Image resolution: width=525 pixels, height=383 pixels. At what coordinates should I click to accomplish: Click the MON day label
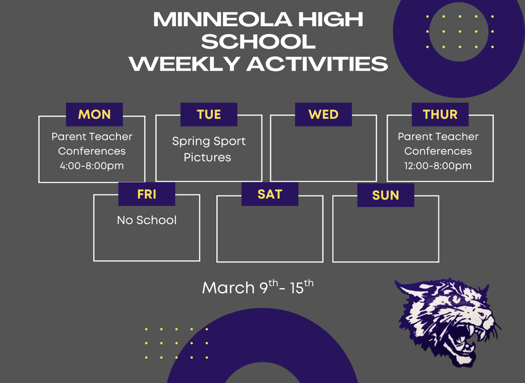point(94,114)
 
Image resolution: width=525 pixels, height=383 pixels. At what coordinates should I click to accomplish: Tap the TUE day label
point(209,114)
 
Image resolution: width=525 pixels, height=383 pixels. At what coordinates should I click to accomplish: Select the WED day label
point(323,114)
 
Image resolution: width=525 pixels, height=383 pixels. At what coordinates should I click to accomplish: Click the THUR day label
point(440,114)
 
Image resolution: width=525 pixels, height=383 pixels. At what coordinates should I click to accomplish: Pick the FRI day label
point(147,194)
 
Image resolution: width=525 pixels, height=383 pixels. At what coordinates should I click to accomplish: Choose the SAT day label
point(270,194)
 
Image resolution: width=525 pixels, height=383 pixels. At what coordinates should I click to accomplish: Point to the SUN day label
point(386,195)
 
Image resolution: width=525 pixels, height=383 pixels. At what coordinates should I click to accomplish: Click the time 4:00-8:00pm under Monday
point(92,166)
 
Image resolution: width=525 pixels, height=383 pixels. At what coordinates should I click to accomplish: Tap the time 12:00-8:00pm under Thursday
point(438,166)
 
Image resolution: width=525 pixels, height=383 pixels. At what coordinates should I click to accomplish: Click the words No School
point(147,220)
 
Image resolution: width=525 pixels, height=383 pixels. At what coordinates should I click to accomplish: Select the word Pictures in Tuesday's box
point(208,157)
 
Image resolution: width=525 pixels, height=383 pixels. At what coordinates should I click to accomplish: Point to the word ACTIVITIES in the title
point(317,64)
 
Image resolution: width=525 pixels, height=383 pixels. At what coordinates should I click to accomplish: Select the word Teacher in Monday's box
point(110,137)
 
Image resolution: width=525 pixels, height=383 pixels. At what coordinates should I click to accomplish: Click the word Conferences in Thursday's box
point(438,151)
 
